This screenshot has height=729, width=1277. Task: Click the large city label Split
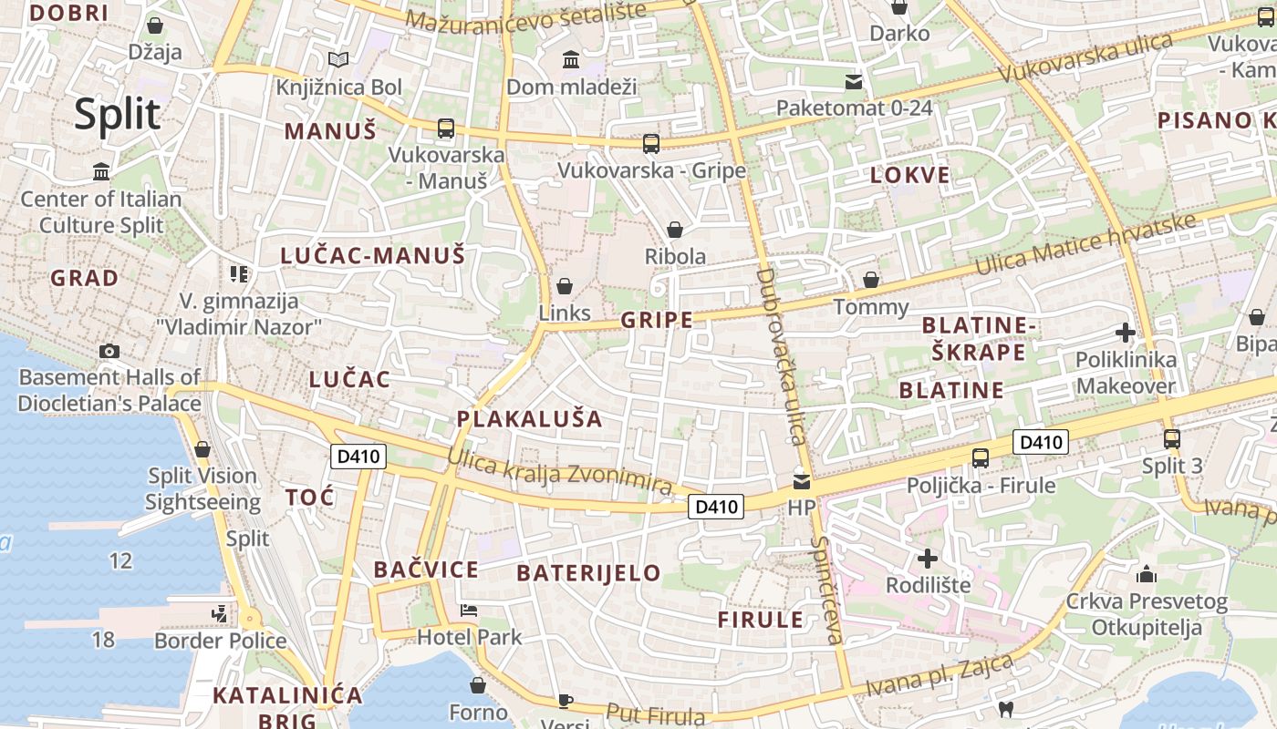click(x=117, y=115)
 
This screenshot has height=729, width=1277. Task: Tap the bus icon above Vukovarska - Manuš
click(x=445, y=128)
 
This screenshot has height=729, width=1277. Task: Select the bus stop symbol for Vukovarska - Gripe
click(x=650, y=143)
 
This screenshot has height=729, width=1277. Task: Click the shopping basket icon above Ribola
click(x=675, y=230)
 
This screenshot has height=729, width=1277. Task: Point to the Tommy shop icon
click(x=871, y=280)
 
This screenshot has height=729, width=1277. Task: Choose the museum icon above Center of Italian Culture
click(x=101, y=171)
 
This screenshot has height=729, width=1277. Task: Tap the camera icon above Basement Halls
click(x=109, y=351)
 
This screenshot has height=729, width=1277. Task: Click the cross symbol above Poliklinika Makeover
click(x=1126, y=333)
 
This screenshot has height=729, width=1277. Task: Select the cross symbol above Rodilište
click(x=928, y=558)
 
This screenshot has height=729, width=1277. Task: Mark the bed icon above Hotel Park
click(x=469, y=610)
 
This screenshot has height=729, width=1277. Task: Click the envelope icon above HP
click(x=801, y=480)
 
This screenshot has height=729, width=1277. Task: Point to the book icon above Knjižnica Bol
click(x=338, y=60)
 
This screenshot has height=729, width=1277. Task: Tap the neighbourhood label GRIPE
click(x=657, y=320)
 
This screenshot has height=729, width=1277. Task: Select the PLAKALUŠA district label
click(x=529, y=419)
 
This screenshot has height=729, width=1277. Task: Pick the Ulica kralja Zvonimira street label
click(x=559, y=471)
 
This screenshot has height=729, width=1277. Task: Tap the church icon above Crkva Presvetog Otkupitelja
click(x=1147, y=575)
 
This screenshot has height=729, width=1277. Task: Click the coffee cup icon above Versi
click(x=565, y=700)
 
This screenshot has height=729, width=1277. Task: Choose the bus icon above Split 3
click(x=1172, y=439)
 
